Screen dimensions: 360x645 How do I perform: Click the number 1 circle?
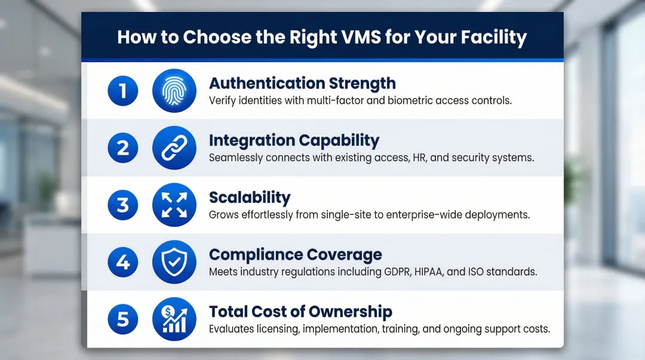pyautogui.click(x=123, y=91)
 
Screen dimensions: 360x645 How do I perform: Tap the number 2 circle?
pyautogui.click(x=123, y=147)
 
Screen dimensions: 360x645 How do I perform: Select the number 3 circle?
pyautogui.click(x=123, y=205)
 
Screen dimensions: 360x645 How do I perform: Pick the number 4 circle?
pyautogui.click(x=123, y=262)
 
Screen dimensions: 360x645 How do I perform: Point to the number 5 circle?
pyautogui.click(x=123, y=319)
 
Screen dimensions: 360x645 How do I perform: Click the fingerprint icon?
pyautogui.click(x=174, y=91)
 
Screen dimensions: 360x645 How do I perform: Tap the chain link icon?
pyautogui.click(x=174, y=147)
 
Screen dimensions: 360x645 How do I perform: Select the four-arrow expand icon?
pyautogui.click(x=174, y=205)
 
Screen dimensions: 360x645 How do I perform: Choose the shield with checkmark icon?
pyautogui.click(x=174, y=262)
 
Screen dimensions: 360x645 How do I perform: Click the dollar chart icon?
pyautogui.click(x=174, y=319)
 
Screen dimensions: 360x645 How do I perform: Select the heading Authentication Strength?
pyautogui.click(x=302, y=83)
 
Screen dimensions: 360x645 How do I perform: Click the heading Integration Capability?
pyautogui.click(x=294, y=140)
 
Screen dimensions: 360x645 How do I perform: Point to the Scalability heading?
pyautogui.click(x=250, y=198)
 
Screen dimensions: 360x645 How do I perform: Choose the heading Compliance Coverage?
pyautogui.click(x=295, y=255)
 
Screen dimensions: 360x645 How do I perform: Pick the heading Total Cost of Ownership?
pyautogui.click(x=300, y=312)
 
